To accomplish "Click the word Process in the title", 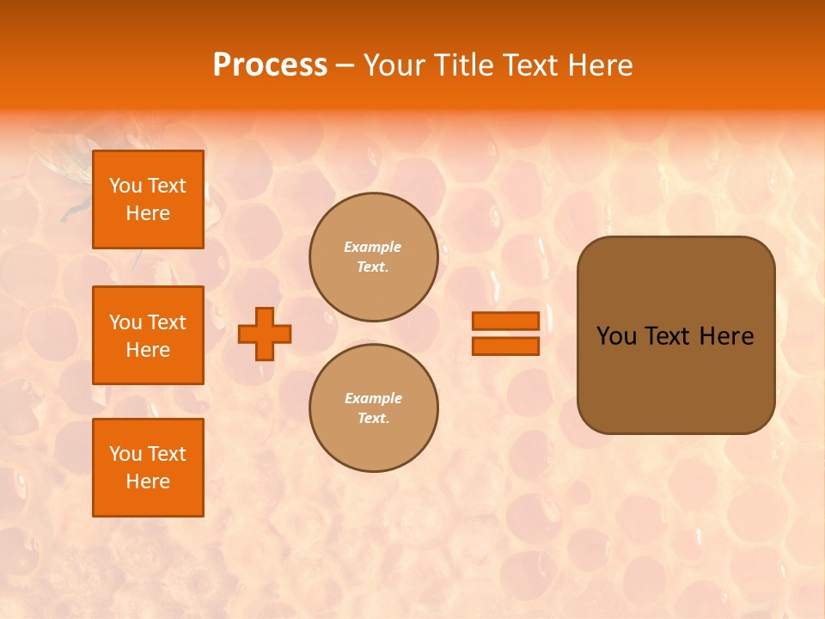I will [269, 65].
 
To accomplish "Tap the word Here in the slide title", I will [599, 65].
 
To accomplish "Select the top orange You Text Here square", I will [148, 199].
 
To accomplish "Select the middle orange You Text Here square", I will [148, 335].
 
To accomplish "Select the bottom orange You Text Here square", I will [148, 468].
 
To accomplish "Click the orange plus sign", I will [265, 334].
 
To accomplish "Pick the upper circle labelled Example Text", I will [373, 257].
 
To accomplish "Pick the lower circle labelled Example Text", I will [373, 408].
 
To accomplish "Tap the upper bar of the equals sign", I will [505, 321].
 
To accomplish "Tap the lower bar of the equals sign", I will [505, 346].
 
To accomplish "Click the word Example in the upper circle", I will [373, 247].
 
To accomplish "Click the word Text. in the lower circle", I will [373, 418].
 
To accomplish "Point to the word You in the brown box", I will [616, 336].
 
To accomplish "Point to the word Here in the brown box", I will [726, 336].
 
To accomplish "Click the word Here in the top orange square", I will [148, 213].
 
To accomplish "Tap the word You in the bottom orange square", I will [125, 454].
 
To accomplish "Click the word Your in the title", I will [394, 65].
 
